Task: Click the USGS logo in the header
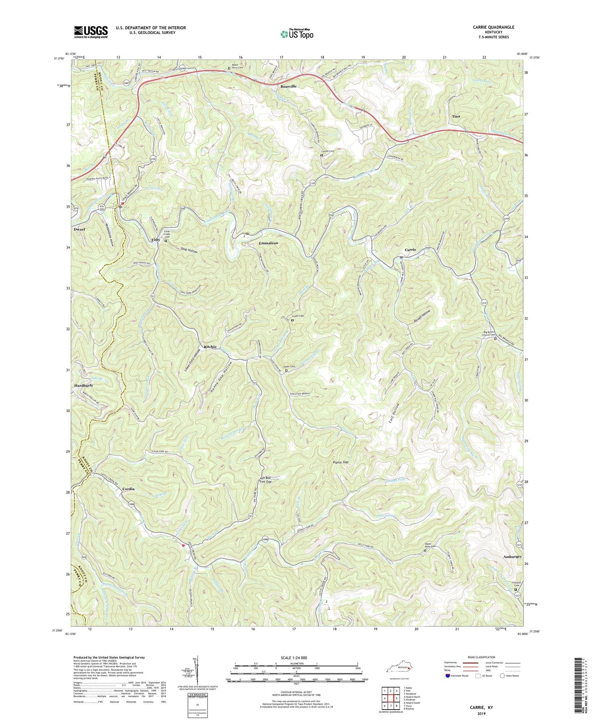pos(91,32)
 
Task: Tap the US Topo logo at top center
pos(296,34)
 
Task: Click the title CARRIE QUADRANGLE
pos(493,27)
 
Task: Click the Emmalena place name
pos(268,243)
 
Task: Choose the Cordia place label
pos(128,489)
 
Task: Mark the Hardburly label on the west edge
pos(83,385)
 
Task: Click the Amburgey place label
pos(513,557)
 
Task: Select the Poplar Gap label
pos(340,462)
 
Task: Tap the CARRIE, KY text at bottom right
pos(481,708)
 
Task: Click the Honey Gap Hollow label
pos(221,378)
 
